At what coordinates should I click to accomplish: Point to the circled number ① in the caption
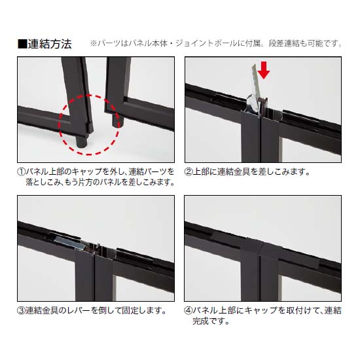pyautogui.click(x=22, y=171)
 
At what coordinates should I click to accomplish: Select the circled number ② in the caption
pyautogui.click(x=189, y=171)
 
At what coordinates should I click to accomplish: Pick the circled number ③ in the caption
pyautogui.click(x=22, y=310)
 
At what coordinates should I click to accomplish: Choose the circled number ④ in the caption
pyautogui.click(x=189, y=310)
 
